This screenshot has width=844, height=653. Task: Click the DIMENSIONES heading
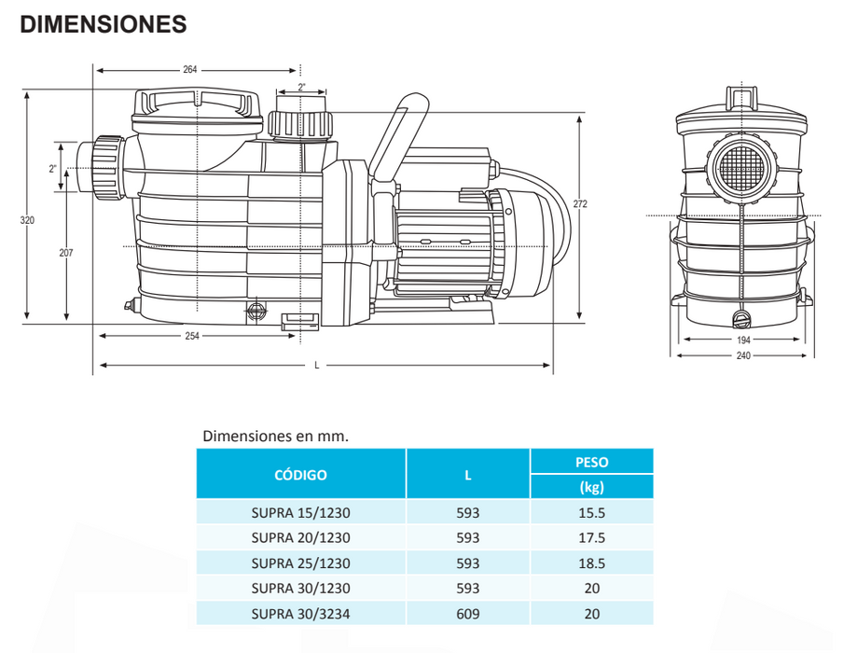pyautogui.click(x=104, y=25)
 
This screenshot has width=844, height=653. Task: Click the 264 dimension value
pyautogui.click(x=191, y=70)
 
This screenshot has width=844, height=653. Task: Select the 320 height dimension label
pyautogui.click(x=26, y=221)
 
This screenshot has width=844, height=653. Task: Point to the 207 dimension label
pyautogui.click(x=65, y=253)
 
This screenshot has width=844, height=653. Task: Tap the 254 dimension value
pyautogui.click(x=190, y=336)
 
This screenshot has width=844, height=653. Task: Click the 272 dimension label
pyautogui.click(x=580, y=204)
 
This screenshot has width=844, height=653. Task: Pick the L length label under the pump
pyautogui.click(x=317, y=365)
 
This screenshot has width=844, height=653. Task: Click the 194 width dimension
pyautogui.click(x=743, y=340)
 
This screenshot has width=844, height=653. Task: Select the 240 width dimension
pyautogui.click(x=743, y=355)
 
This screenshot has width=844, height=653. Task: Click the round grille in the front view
pyautogui.click(x=742, y=170)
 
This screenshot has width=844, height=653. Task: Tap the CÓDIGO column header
pyautogui.click(x=300, y=475)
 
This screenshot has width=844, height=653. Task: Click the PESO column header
pyautogui.click(x=591, y=462)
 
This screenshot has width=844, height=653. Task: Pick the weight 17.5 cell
pyautogui.click(x=591, y=537)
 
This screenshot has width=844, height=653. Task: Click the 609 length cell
pyautogui.click(x=468, y=615)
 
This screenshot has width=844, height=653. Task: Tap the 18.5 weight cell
pyautogui.click(x=591, y=563)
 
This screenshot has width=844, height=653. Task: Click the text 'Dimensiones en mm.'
pyautogui.click(x=274, y=436)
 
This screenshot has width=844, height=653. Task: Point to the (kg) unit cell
pyautogui.click(x=591, y=486)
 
